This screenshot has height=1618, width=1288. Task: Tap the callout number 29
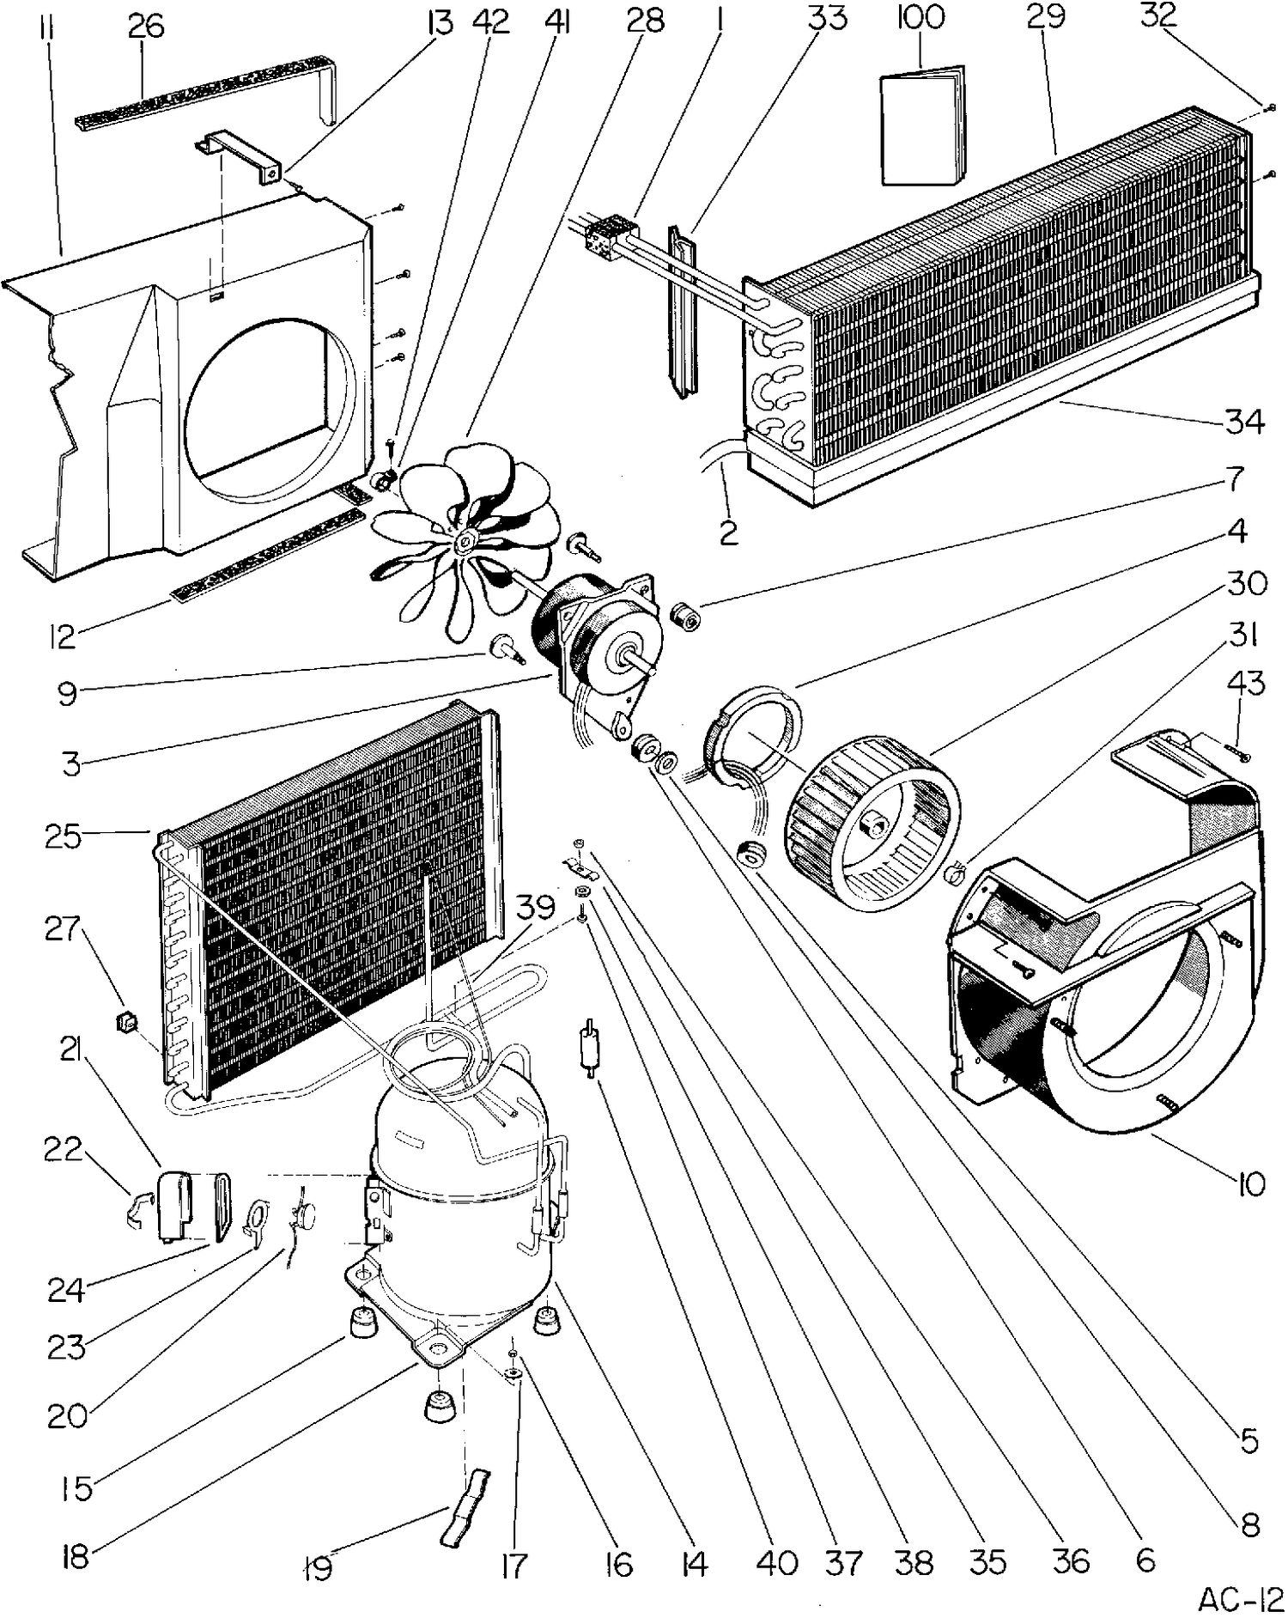click(1046, 18)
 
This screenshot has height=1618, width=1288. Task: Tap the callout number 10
click(1252, 1184)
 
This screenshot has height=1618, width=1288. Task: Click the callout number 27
click(63, 929)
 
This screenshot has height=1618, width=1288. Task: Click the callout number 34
click(1244, 422)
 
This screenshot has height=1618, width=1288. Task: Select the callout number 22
click(64, 1150)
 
